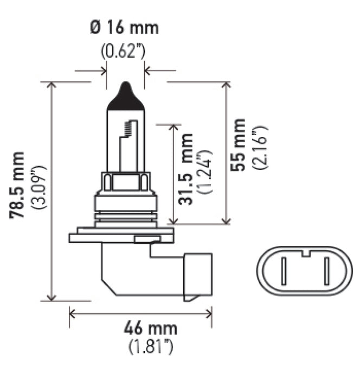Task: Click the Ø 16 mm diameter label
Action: pos(125,28)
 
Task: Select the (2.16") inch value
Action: pos(259,145)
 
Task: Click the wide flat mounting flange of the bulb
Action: pos(120,237)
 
